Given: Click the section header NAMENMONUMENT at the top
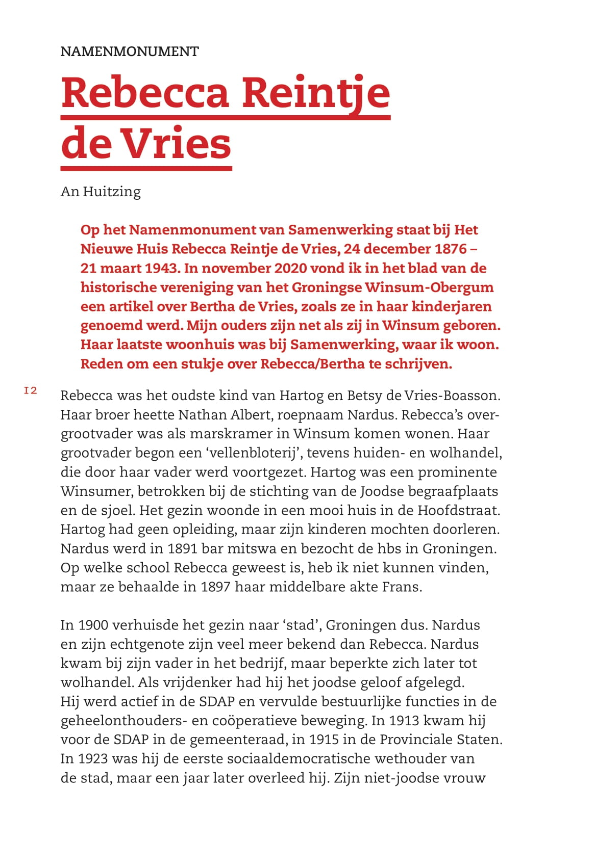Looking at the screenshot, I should tap(130, 51).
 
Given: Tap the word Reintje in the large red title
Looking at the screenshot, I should tap(315, 93).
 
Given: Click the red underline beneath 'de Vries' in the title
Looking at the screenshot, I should tap(146, 168).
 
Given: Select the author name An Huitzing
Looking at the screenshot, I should tap(101, 192).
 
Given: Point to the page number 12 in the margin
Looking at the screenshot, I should tap(31, 391).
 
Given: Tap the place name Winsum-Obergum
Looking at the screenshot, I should tap(429, 287).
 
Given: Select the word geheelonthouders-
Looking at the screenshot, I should tap(121, 721).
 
